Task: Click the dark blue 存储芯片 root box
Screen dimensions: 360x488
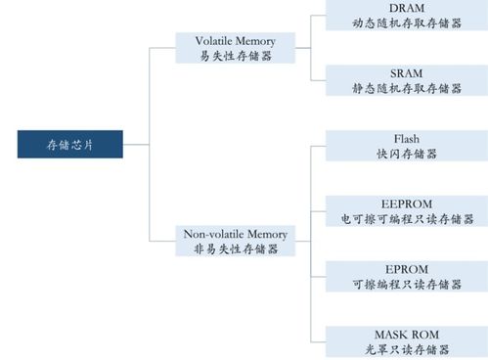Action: [x=71, y=144]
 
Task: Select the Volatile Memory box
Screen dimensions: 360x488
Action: [x=236, y=48]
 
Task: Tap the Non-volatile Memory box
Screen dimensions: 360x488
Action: [x=236, y=241]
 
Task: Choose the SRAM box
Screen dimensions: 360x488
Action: [x=405, y=81]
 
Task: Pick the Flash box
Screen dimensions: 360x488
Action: [x=405, y=146]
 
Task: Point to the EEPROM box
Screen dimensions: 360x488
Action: [x=405, y=210]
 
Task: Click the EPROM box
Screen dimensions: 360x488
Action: [x=405, y=276]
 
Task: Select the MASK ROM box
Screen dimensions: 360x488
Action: [x=405, y=341]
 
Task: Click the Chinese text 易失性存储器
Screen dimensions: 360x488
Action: [x=236, y=56]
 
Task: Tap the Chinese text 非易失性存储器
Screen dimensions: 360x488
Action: [x=236, y=248]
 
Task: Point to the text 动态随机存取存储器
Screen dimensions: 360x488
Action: [x=405, y=22]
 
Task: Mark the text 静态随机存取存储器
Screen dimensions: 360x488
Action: [x=405, y=88]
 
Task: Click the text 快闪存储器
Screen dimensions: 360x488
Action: [x=405, y=154]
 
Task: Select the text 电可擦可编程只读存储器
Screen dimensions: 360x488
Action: [x=405, y=218]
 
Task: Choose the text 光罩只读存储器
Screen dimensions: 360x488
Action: [x=405, y=349]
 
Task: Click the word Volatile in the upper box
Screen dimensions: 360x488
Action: [x=217, y=41]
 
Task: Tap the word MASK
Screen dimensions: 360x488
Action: [x=388, y=335]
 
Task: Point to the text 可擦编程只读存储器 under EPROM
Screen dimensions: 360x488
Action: [x=405, y=284]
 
